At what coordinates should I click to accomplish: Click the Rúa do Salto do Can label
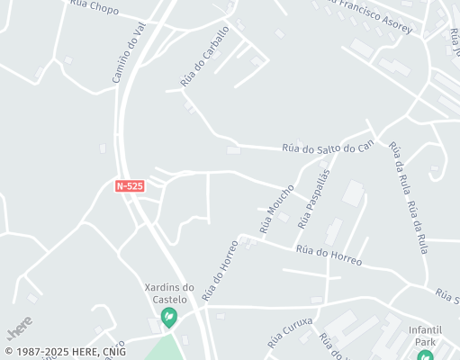pyautogui.click(x=328, y=147)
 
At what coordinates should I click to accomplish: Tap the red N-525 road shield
pyautogui.click(x=130, y=186)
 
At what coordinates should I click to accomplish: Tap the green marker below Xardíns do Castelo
pyautogui.click(x=168, y=317)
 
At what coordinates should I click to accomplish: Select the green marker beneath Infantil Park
pyautogui.click(x=425, y=355)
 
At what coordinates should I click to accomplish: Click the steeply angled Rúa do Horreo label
pyautogui.click(x=220, y=268)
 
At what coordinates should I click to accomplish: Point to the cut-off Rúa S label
pyautogui.click(x=446, y=294)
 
